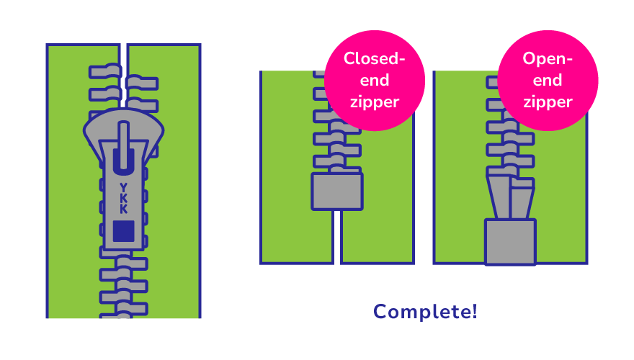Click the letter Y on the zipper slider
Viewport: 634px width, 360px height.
[x=124, y=187]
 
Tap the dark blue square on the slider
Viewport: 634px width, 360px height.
[x=124, y=230]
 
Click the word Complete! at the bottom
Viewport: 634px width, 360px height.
[x=425, y=312]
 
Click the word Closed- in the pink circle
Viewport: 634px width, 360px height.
[x=374, y=58]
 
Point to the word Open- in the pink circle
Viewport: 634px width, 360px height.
[x=548, y=58]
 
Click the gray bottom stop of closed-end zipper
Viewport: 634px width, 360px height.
[x=336, y=192]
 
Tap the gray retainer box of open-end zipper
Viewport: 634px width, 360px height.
[x=510, y=242]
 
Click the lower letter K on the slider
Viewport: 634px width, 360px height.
[x=124, y=210]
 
